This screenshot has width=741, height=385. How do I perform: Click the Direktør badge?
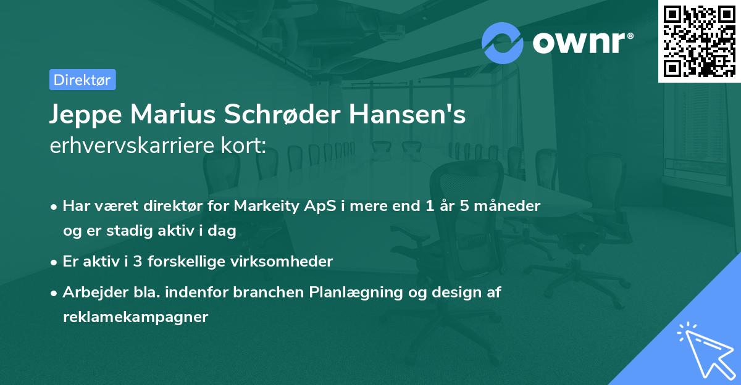tap(82, 80)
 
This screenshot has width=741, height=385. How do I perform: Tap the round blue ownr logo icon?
tap(502, 43)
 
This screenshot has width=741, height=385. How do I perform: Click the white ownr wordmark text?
tap(582, 42)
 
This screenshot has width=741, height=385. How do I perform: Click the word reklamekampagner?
tap(135, 317)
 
